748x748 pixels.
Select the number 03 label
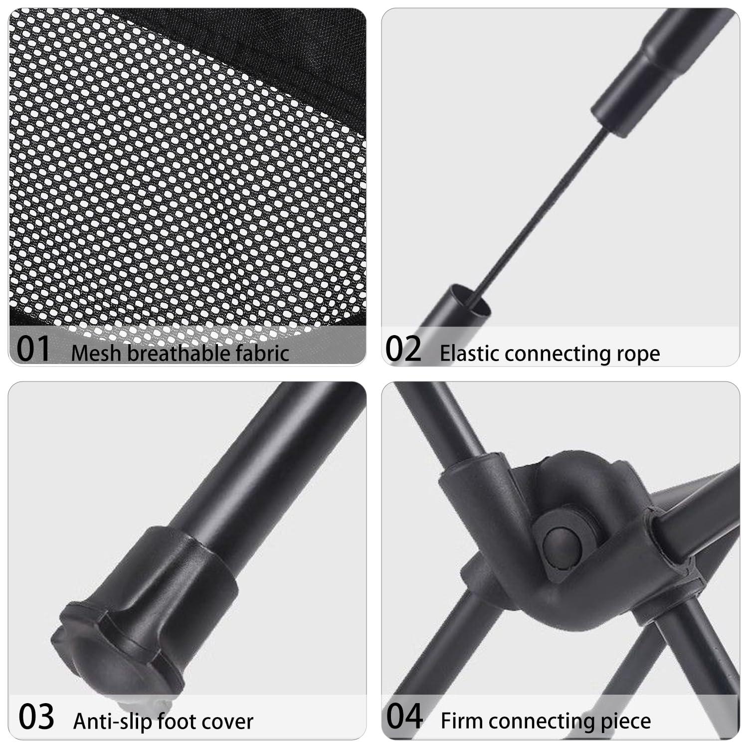coord(36,717)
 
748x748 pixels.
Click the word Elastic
coord(469,353)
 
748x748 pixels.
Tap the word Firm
coord(459,721)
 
